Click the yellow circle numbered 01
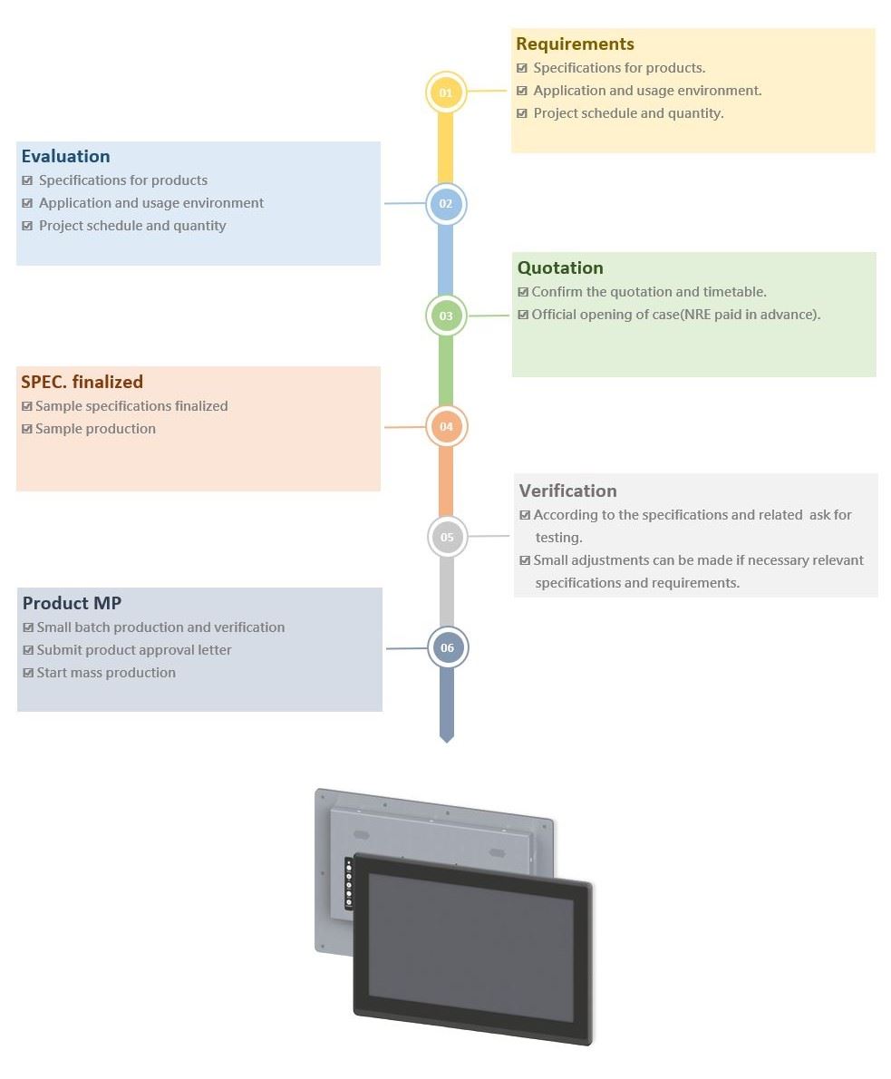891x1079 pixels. coord(446,92)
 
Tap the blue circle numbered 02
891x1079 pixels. coord(446,204)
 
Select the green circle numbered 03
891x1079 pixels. coord(446,316)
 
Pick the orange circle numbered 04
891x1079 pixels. coord(446,427)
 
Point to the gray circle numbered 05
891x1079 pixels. coord(447,537)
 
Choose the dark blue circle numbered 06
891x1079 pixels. coord(447,647)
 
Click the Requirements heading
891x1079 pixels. coord(576,44)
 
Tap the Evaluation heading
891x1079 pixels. coord(65,156)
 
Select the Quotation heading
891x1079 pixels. coord(560,267)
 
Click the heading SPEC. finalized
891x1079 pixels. coord(82,382)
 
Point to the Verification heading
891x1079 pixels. coord(567,491)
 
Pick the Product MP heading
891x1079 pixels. coord(72,603)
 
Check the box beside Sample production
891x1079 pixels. coord(27,429)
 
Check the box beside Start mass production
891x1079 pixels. coord(28,672)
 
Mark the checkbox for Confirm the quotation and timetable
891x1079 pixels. coord(523,292)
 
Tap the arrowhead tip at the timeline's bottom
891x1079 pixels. coord(447,743)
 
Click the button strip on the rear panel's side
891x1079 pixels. coord(349,883)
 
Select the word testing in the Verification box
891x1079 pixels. coord(558,538)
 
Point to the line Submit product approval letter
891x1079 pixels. coord(133,650)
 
